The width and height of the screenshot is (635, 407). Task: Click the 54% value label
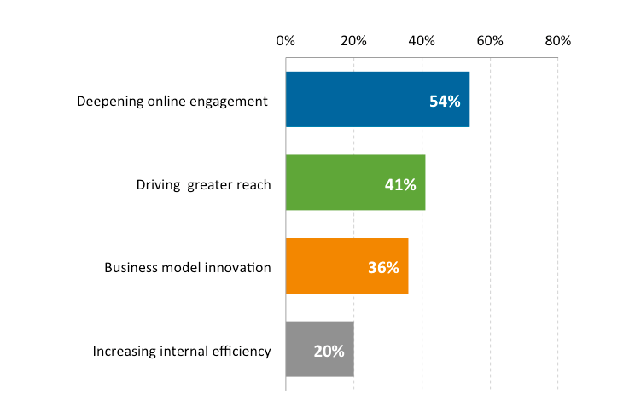pos(445,102)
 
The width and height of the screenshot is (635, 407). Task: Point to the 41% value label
pos(400,184)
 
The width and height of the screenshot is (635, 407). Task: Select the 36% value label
pos(383,267)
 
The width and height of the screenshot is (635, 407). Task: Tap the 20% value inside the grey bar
pos(329,351)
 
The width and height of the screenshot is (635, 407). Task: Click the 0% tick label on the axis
pos(285,41)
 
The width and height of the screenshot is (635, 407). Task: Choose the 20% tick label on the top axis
pos(353,41)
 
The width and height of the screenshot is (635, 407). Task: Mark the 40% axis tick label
pos(422,41)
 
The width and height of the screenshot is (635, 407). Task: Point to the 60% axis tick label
pos(490,41)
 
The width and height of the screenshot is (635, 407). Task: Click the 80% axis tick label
pos(558,41)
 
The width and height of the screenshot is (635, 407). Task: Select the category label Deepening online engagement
pos(172,102)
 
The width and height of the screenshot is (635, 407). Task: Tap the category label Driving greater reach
pos(204,184)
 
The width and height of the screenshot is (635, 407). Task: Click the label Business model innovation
pos(188,267)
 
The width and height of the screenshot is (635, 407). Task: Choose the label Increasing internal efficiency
pos(182,351)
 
